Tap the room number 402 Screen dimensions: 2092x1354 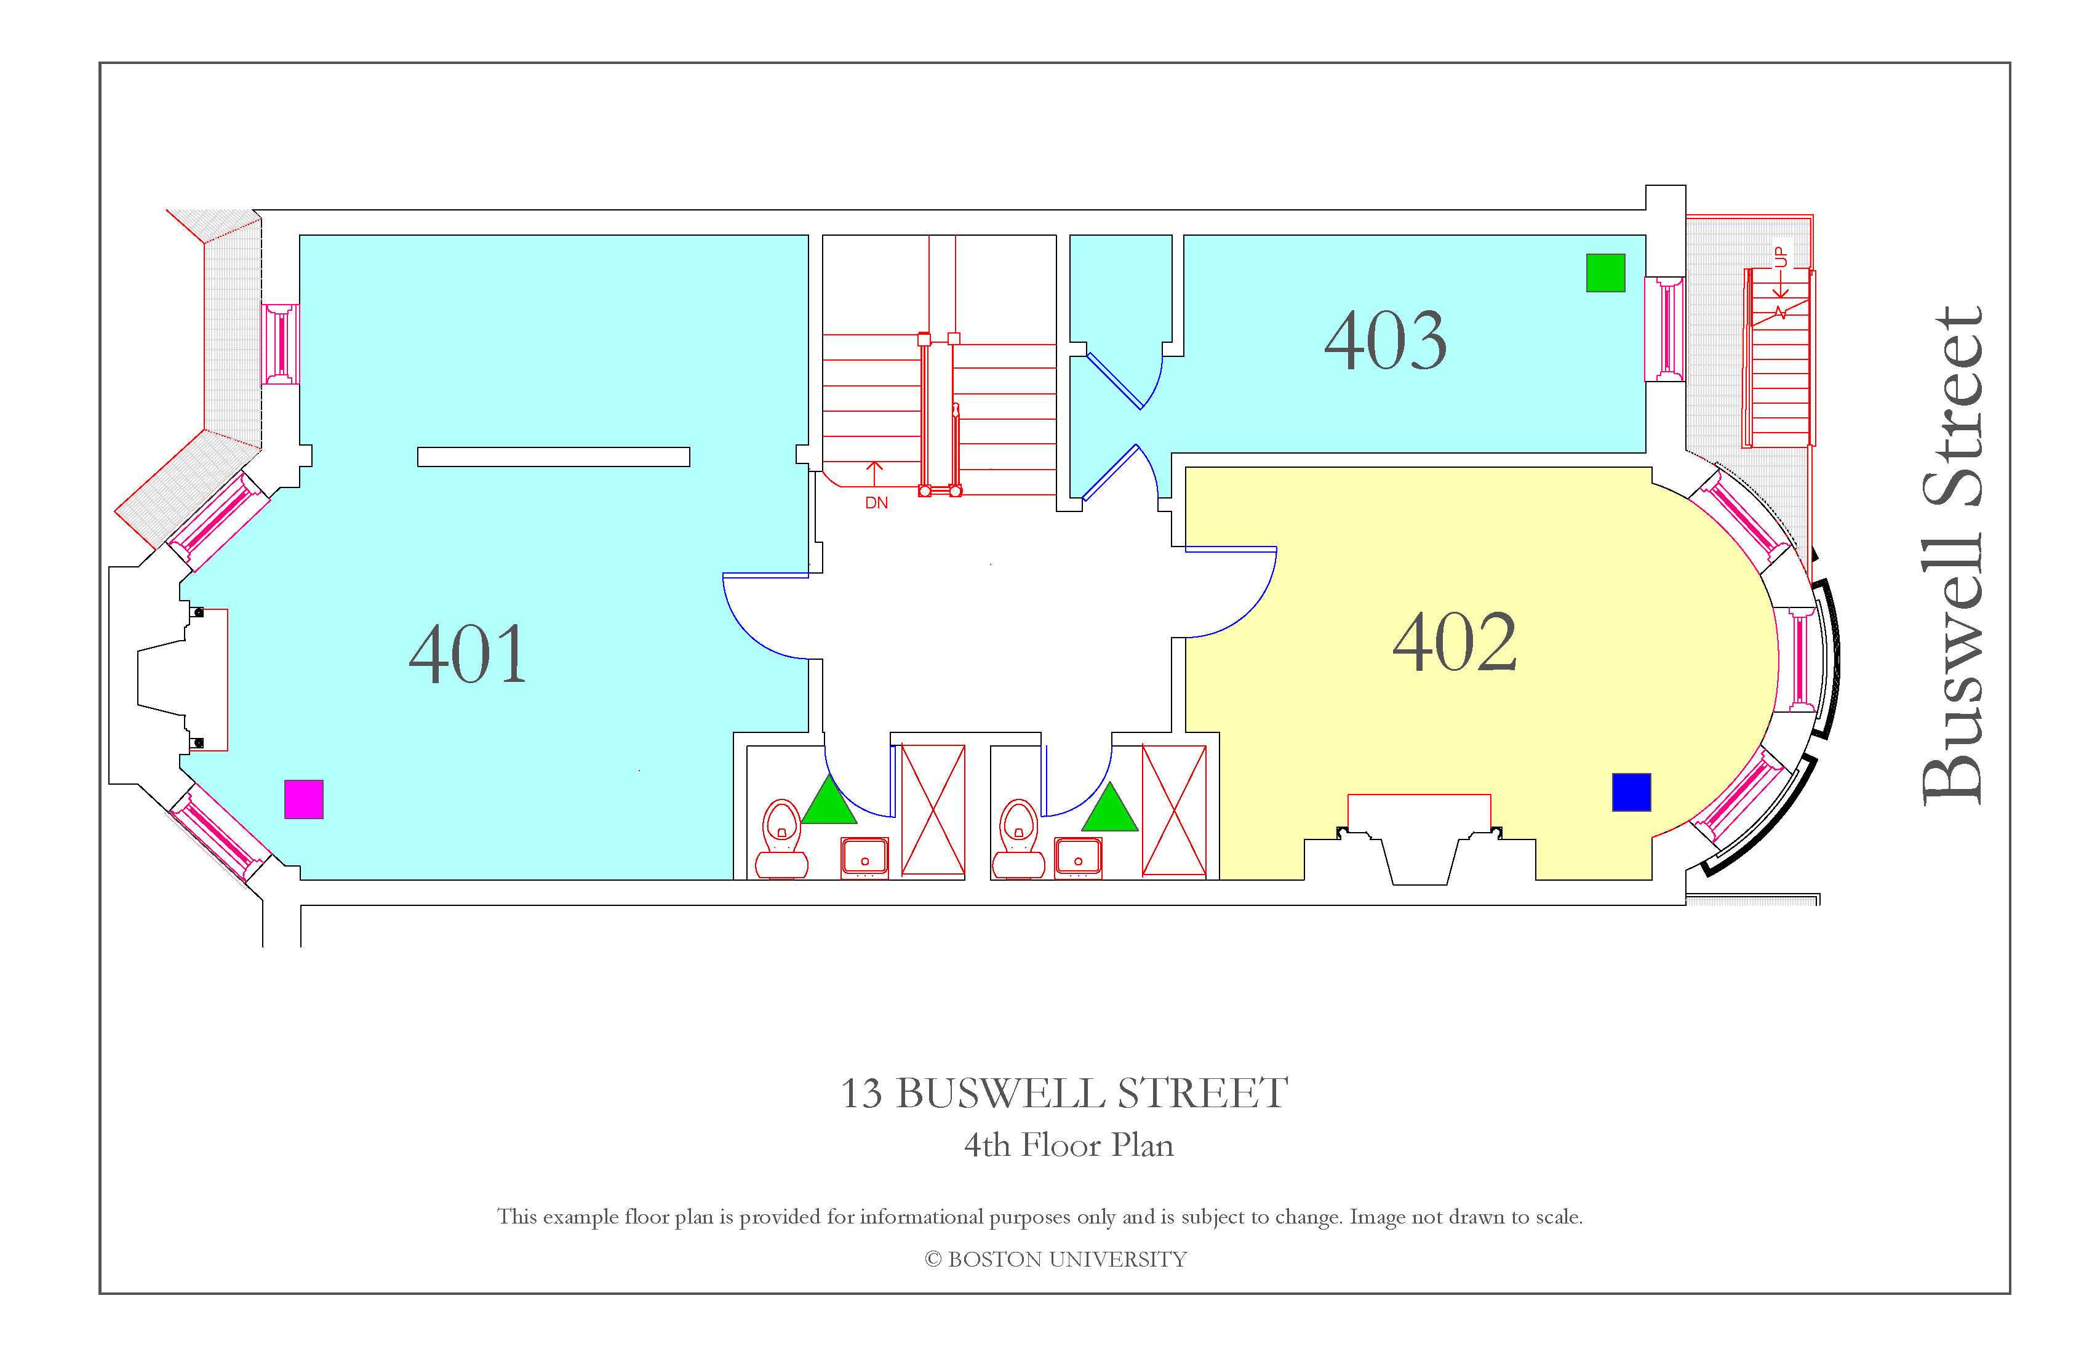pos(1455,642)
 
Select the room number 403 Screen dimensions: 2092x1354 pos(1385,340)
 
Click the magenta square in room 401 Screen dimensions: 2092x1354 pos(304,799)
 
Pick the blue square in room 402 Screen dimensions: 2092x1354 pos(1631,792)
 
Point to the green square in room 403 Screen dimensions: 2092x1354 pos(1606,273)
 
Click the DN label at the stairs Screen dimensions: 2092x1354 pos(876,503)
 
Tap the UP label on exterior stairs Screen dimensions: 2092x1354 pos(1781,257)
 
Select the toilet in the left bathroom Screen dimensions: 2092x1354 pos(781,839)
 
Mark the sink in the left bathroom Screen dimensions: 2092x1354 pos(865,858)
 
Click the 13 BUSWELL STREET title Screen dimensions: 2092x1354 pos(1064,1093)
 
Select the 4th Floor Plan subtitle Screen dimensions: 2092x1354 pos(1069,1145)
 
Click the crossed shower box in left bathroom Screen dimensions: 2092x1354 pos(933,811)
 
